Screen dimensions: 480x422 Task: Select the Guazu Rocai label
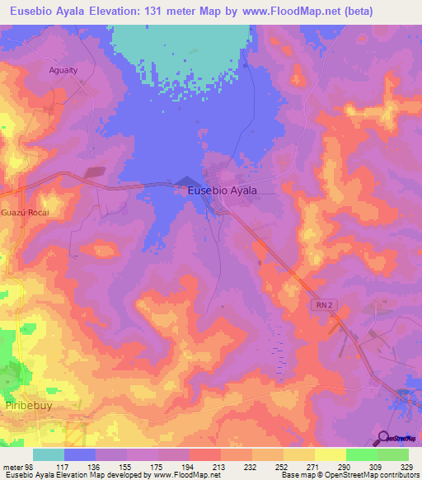pos(25,212)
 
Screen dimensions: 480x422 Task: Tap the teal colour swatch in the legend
pos(49,454)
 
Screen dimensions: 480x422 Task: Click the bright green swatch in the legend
pos(361,454)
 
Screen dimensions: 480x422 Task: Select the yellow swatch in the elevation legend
pos(330,454)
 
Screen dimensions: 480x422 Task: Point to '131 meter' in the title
pos(166,12)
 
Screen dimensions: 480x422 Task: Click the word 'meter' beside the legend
pos(12,467)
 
